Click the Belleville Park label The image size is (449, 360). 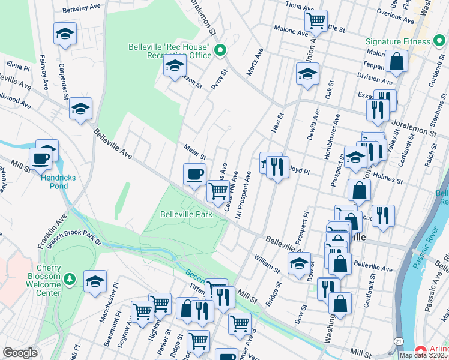[x=187, y=214]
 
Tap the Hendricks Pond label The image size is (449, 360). [x=54, y=182]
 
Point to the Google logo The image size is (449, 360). [x=19, y=353]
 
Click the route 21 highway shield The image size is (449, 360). [x=398, y=340]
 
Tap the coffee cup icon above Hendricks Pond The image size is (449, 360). [x=41, y=158]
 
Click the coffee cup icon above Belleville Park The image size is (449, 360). [x=194, y=174]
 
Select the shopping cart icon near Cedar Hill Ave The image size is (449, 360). [x=218, y=191]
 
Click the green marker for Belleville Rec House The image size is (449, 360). [x=220, y=50]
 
